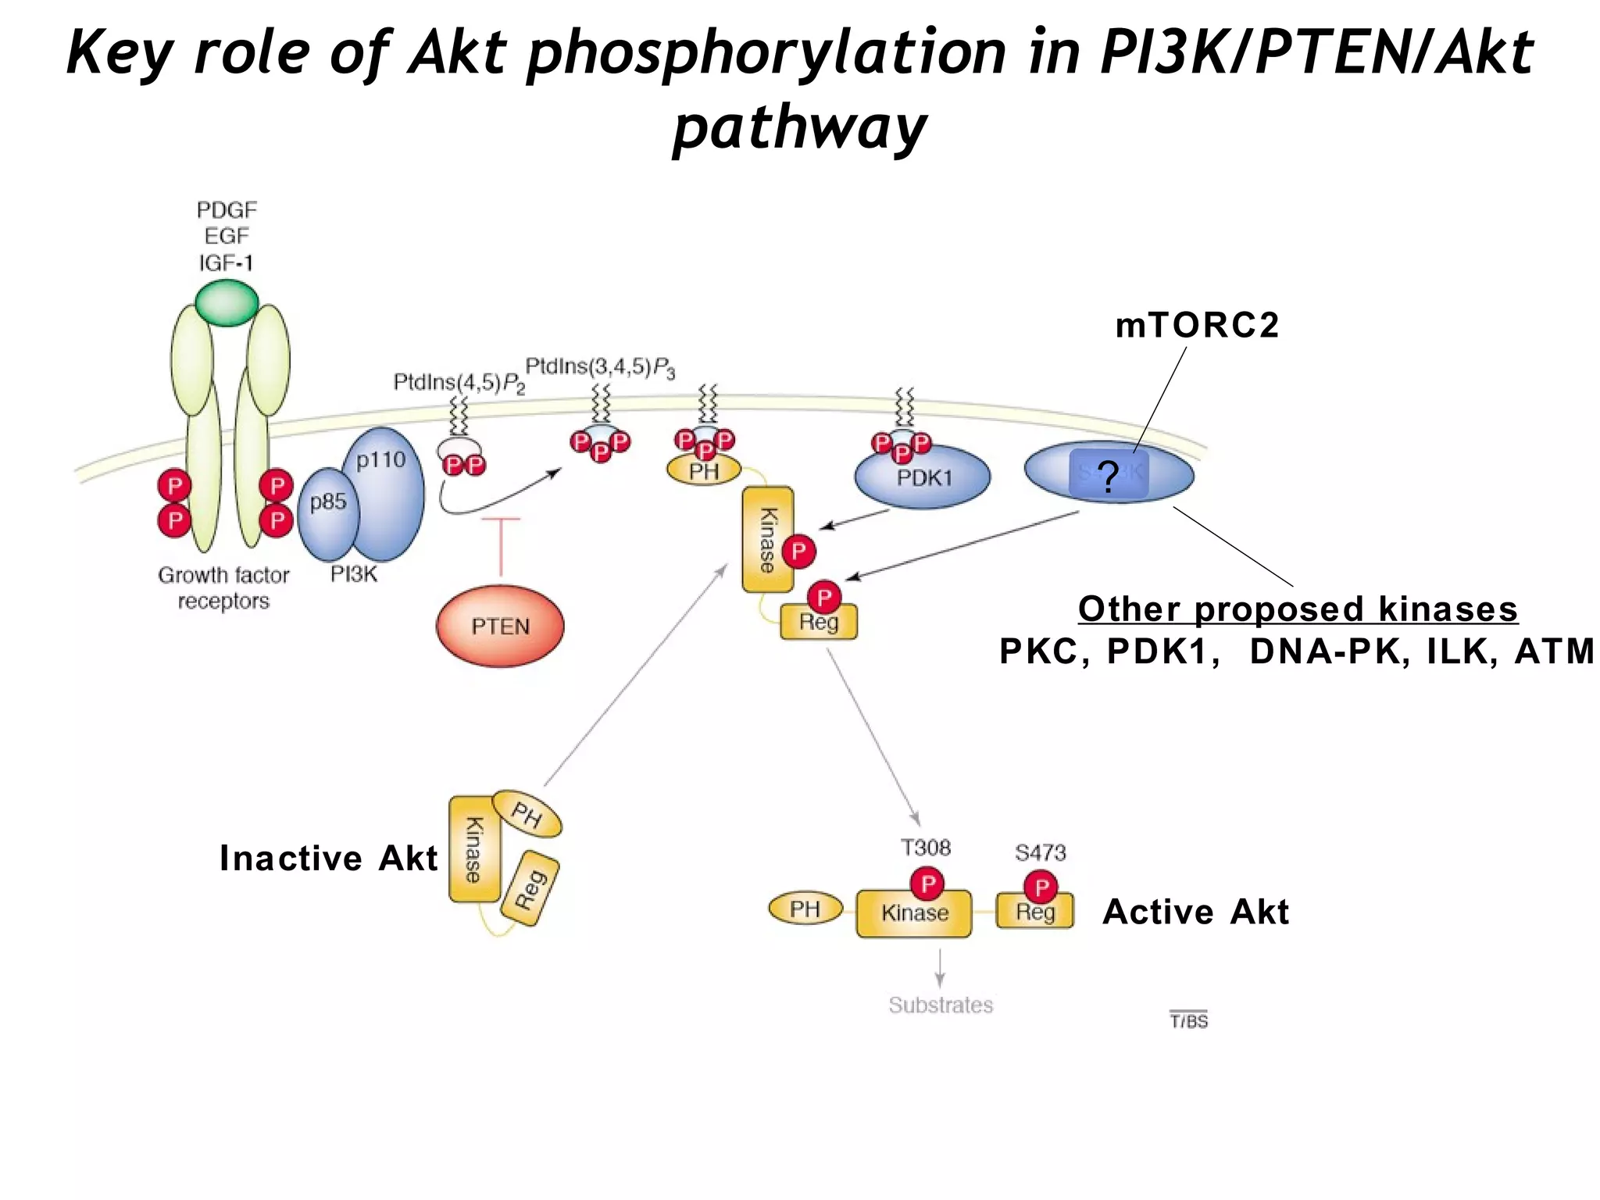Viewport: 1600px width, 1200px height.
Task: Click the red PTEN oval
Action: click(500, 627)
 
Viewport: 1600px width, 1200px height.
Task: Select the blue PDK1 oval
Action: click(923, 477)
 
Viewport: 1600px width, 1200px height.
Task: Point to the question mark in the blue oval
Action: click(1108, 476)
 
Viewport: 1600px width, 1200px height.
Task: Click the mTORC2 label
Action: click(1197, 326)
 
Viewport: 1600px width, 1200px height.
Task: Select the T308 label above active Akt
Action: click(926, 848)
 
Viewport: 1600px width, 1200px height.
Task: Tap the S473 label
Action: click(1040, 852)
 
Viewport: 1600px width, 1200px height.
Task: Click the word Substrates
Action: click(941, 1005)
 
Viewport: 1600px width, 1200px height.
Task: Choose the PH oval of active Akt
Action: click(805, 909)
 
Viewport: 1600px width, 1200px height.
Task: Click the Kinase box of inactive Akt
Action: click(473, 850)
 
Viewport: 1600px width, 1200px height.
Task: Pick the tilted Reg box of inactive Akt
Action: click(530, 889)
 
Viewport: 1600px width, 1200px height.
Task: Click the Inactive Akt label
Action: click(328, 858)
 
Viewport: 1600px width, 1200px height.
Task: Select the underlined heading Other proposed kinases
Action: click(1298, 609)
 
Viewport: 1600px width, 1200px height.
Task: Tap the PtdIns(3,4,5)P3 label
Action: click(599, 367)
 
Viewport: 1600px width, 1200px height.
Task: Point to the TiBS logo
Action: click(1188, 1020)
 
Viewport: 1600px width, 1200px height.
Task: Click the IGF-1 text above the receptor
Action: click(227, 263)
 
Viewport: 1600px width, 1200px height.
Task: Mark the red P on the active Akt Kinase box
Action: click(927, 884)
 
